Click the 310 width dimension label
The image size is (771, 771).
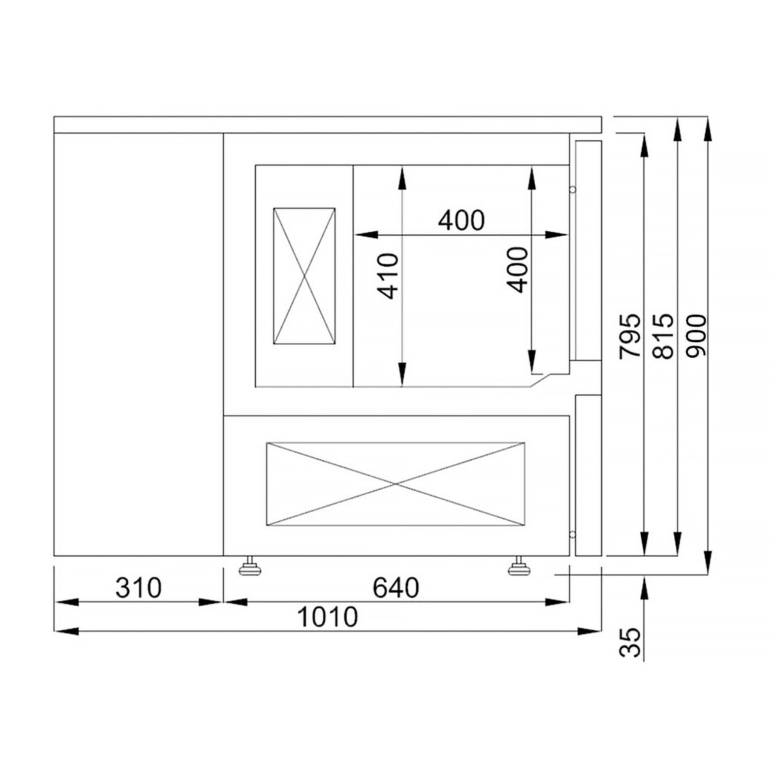coord(138,588)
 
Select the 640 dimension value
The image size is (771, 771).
coord(396,588)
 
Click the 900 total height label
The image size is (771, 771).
coord(696,336)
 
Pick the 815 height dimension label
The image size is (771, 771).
coord(663,336)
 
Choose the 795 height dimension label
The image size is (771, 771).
coord(630,336)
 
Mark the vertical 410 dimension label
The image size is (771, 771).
coord(388,276)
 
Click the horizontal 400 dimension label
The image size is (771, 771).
coord(461,220)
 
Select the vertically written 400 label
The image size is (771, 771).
coord(517,270)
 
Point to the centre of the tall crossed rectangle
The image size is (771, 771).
coord(305,276)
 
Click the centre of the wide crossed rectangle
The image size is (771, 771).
coord(396,484)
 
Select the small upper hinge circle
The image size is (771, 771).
coord(572,190)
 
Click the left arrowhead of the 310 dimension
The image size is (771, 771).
coord(66,602)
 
